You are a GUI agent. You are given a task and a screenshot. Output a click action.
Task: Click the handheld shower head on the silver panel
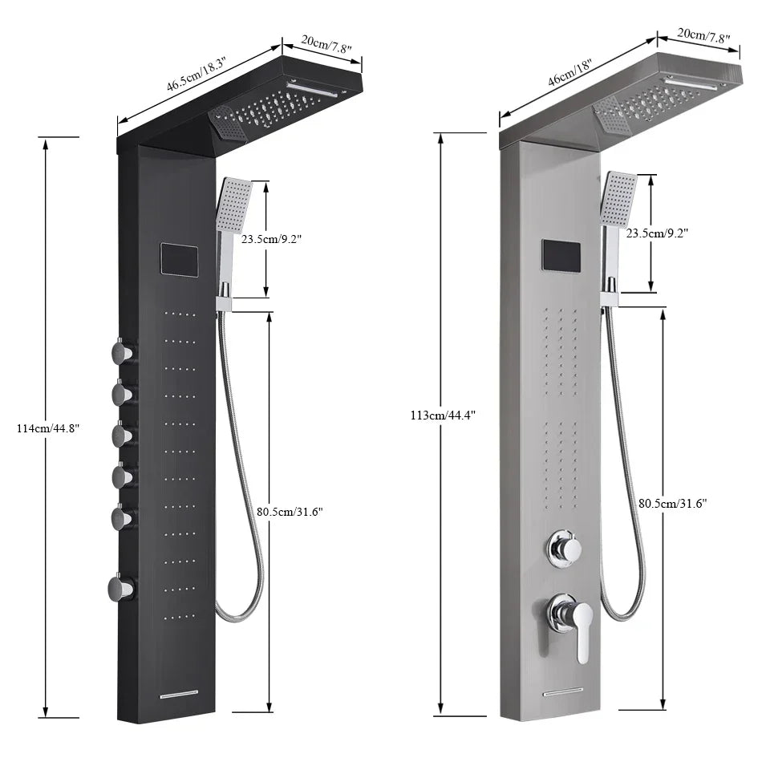618,197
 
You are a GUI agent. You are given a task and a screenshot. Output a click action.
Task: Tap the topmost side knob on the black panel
123,351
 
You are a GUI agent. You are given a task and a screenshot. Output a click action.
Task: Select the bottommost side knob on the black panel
121,589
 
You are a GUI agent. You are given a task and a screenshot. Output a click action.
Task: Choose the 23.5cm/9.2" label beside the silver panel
657,233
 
